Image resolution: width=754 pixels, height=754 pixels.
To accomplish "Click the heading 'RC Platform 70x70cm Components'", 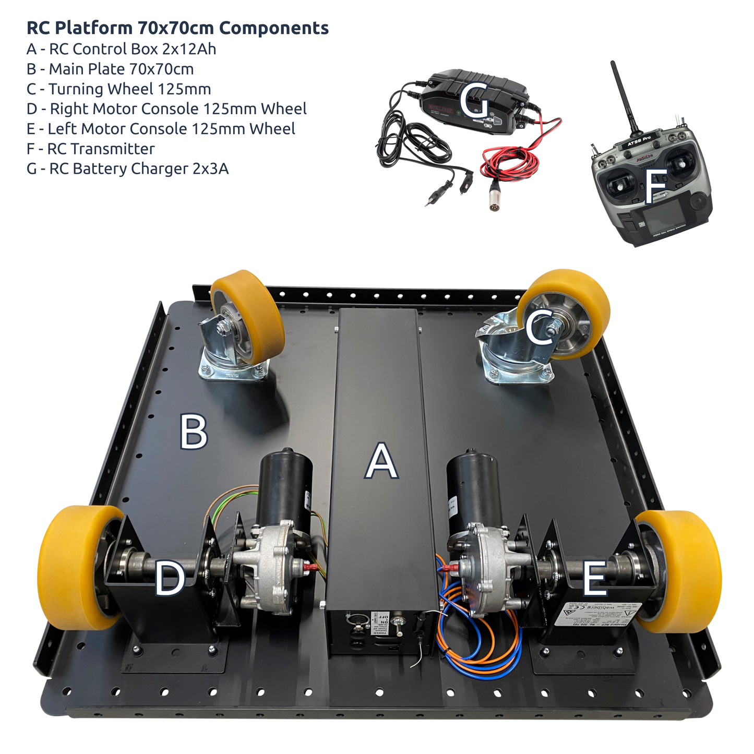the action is (x=177, y=28).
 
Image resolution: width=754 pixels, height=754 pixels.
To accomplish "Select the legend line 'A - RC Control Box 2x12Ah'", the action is (x=121, y=49).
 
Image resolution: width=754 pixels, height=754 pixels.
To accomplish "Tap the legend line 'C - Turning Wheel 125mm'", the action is (x=118, y=89).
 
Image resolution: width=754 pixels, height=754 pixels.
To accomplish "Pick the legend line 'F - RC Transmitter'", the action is (x=90, y=149).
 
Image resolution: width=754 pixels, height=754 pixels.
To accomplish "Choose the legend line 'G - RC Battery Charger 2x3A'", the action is (x=127, y=169).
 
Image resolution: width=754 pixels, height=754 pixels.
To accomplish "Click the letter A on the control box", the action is (x=381, y=461).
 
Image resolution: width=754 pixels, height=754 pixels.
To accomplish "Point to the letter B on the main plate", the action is (x=193, y=431).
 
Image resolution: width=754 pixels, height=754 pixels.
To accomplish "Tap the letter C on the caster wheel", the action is (x=540, y=327).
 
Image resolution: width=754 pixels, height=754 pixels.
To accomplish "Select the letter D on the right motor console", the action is (x=170, y=578).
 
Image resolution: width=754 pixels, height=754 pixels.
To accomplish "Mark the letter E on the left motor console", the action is (x=594, y=578).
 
